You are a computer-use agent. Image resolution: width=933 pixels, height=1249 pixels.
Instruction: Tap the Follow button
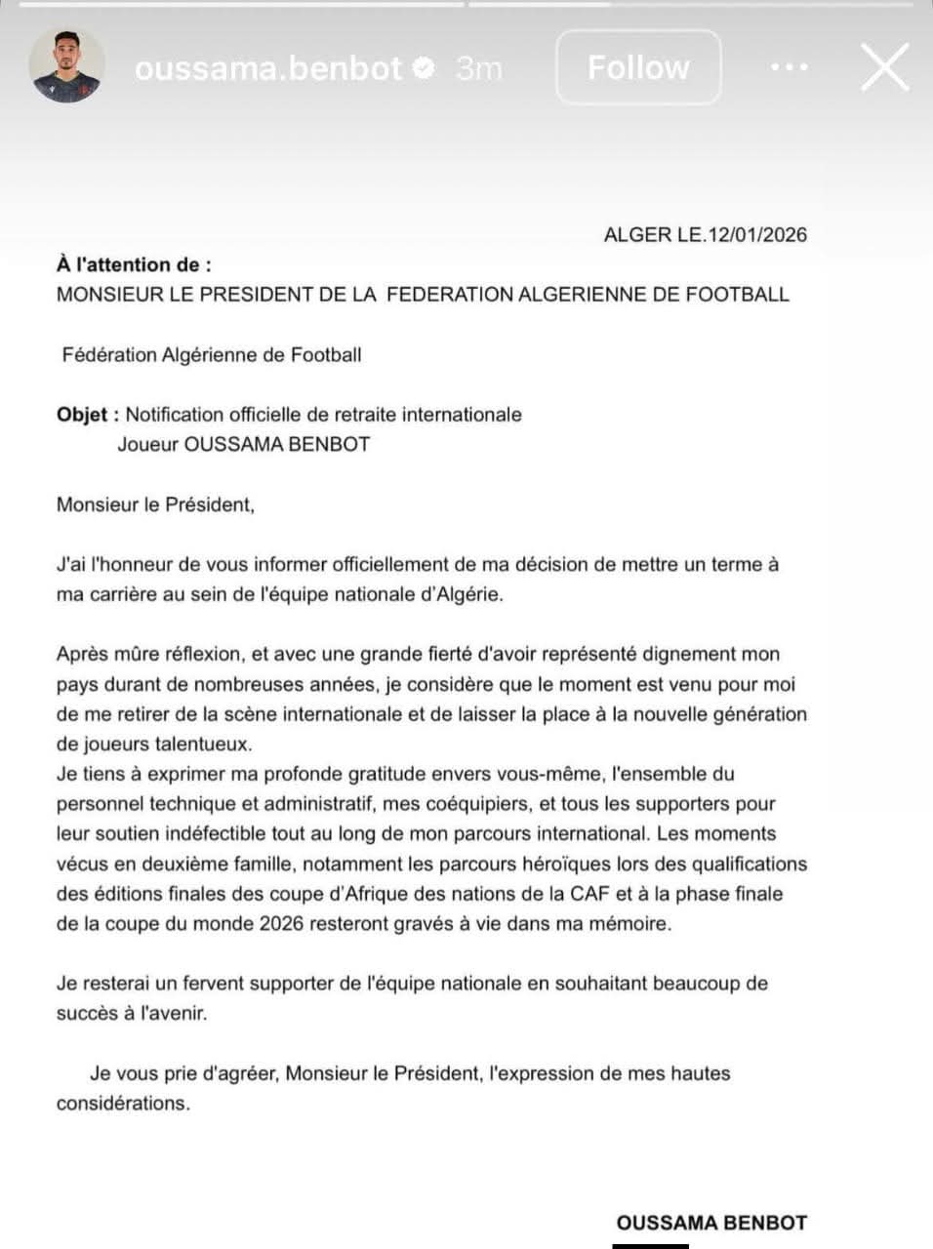(638, 67)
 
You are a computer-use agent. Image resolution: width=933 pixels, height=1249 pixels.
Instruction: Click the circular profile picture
(66, 66)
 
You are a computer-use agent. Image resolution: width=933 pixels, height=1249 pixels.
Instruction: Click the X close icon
(884, 67)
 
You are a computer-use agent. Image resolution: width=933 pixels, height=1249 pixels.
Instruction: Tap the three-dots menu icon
(789, 67)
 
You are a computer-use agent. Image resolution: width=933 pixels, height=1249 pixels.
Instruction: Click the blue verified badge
(424, 67)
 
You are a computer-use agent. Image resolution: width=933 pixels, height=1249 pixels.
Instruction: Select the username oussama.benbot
(268, 67)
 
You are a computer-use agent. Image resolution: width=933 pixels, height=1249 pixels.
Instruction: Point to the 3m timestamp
(478, 67)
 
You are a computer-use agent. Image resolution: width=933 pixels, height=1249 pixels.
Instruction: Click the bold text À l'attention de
(133, 263)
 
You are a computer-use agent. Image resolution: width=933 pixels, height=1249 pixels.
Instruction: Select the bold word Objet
(82, 414)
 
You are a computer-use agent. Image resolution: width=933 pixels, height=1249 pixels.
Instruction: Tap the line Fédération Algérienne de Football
(212, 354)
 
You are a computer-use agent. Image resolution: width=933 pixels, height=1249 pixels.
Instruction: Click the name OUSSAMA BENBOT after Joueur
(277, 444)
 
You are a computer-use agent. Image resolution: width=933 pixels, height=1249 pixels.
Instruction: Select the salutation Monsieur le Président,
(155, 504)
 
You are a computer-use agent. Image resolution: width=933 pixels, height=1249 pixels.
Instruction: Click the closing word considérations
(123, 1103)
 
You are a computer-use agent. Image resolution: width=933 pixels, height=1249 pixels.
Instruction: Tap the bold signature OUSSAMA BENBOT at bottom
(711, 1222)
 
